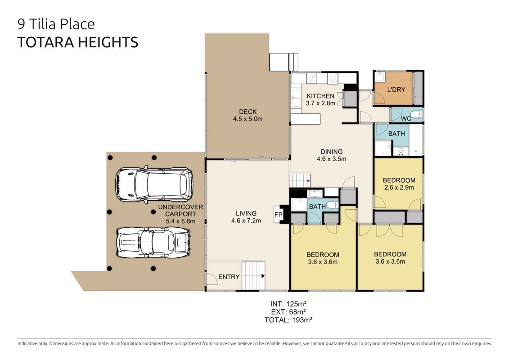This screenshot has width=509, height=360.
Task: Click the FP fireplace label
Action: (278, 215)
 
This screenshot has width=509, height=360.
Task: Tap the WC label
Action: (406, 118)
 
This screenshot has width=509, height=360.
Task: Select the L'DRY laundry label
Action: (396, 89)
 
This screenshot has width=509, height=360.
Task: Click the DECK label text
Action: (248, 112)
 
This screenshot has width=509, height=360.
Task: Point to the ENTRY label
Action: (229, 277)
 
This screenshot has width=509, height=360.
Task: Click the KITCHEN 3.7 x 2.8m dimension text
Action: (320, 103)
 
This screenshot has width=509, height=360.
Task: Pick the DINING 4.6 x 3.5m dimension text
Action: (331, 159)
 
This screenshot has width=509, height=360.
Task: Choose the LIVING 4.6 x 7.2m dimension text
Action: (246, 220)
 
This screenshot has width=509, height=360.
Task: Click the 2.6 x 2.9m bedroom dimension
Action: (399, 187)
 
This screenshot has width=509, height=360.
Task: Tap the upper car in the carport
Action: (154, 184)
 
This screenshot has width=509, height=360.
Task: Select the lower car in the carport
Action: (153, 243)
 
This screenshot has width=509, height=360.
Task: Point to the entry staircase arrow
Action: (263, 276)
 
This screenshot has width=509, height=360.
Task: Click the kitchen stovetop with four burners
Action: (333, 78)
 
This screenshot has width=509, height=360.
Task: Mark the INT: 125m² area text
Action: (288, 304)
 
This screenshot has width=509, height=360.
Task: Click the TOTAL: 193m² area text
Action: (288, 320)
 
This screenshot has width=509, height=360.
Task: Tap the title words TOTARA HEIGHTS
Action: (77, 42)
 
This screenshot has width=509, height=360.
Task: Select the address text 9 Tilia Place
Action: (56, 24)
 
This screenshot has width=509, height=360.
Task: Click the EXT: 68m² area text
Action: (288, 312)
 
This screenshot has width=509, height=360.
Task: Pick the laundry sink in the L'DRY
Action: (380, 77)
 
